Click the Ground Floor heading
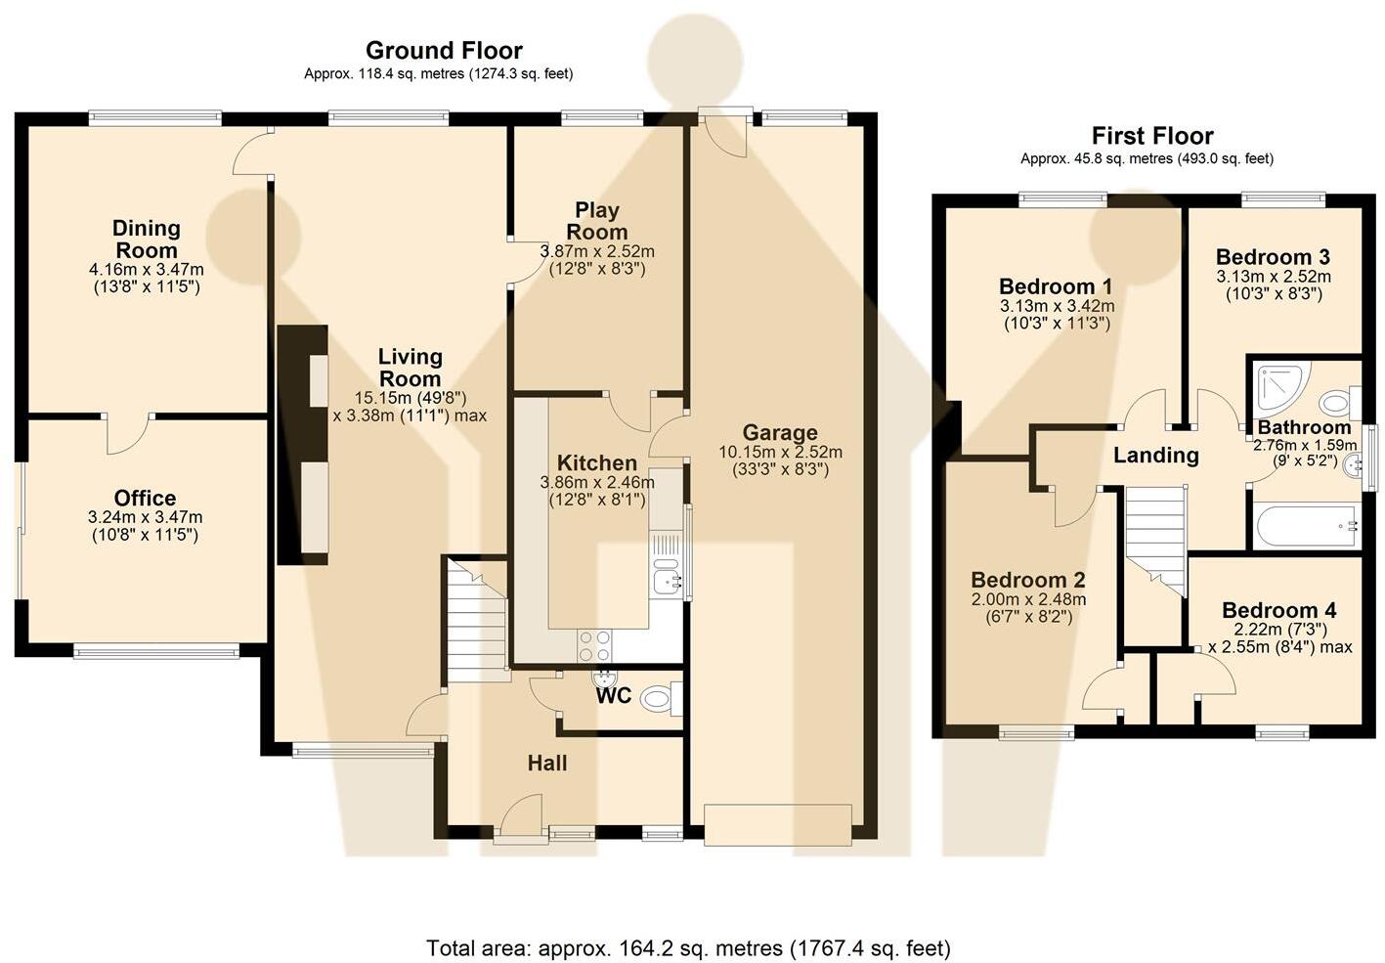pos(444,50)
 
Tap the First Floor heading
pos(1152,136)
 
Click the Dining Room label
pos(147,240)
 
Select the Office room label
pos(146,498)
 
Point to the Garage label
pos(780,432)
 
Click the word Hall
pos(547,764)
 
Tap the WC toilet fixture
pos(662,699)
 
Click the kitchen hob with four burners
pos(595,646)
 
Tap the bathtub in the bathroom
pos(1306,526)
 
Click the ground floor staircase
pos(478,620)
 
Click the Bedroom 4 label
pos(1279,610)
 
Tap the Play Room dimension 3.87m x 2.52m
pos(597,251)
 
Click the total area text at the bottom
pos(688,947)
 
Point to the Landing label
pos(1156,456)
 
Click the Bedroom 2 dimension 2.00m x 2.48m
pos(1028,599)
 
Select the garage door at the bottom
pos(778,824)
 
